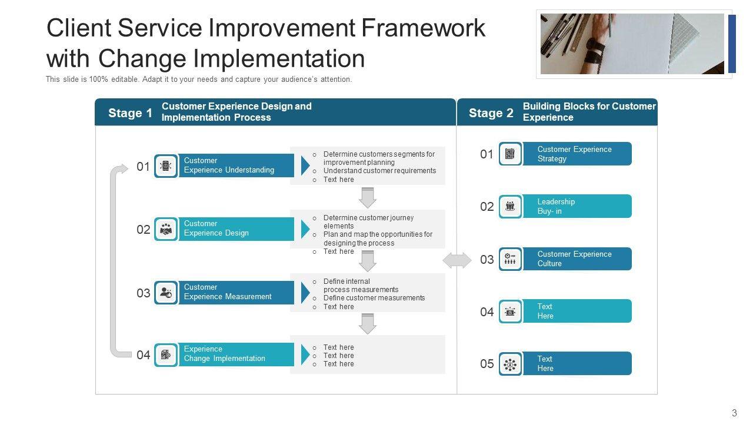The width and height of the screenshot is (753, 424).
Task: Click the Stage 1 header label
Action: tap(130, 113)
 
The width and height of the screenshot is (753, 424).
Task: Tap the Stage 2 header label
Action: tap(491, 113)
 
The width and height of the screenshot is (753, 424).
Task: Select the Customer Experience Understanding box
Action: tap(236, 165)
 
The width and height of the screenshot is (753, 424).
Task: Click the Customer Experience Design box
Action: tap(236, 229)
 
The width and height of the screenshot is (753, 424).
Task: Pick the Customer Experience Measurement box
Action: tap(236, 293)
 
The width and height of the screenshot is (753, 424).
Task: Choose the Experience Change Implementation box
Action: tap(236, 355)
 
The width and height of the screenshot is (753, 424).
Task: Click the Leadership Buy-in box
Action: tap(577, 206)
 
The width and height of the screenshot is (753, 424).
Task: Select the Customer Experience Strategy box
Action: tap(577, 154)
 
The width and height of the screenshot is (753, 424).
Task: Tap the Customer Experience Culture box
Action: tap(577, 259)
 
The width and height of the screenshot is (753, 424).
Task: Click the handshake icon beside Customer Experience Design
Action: tap(166, 229)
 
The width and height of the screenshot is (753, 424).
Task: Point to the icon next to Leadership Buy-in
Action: tap(510, 206)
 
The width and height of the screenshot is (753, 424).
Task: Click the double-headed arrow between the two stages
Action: tap(457, 260)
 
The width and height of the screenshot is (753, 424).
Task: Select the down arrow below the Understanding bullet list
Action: tap(368, 198)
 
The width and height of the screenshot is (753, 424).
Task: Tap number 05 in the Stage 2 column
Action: tap(487, 364)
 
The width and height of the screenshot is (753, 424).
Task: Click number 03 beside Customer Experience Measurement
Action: tap(143, 293)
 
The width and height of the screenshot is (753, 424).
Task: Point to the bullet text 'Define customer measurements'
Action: tap(374, 298)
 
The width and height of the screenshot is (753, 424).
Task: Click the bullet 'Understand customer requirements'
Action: tap(379, 171)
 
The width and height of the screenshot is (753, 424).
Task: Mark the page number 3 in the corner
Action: tap(734, 413)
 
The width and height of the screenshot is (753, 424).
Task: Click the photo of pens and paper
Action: tap(632, 44)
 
